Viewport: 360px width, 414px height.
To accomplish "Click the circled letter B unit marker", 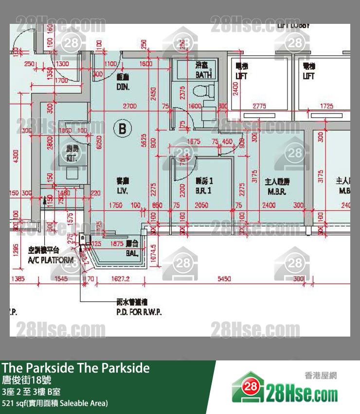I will [x=123, y=129].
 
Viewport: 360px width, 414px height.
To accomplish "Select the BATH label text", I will [x=203, y=75].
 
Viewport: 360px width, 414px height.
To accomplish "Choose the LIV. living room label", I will [x=122, y=191].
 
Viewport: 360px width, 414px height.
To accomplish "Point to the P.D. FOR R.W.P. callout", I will [x=139, y=312].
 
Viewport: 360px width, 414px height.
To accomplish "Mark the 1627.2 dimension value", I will [x=120, y=279].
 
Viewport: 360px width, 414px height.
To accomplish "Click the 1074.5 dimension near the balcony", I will [x=154, y=252].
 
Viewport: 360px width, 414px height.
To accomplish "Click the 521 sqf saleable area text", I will [x=54, y=403].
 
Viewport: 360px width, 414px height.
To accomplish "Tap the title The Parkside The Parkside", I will [x=75, y=368].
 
